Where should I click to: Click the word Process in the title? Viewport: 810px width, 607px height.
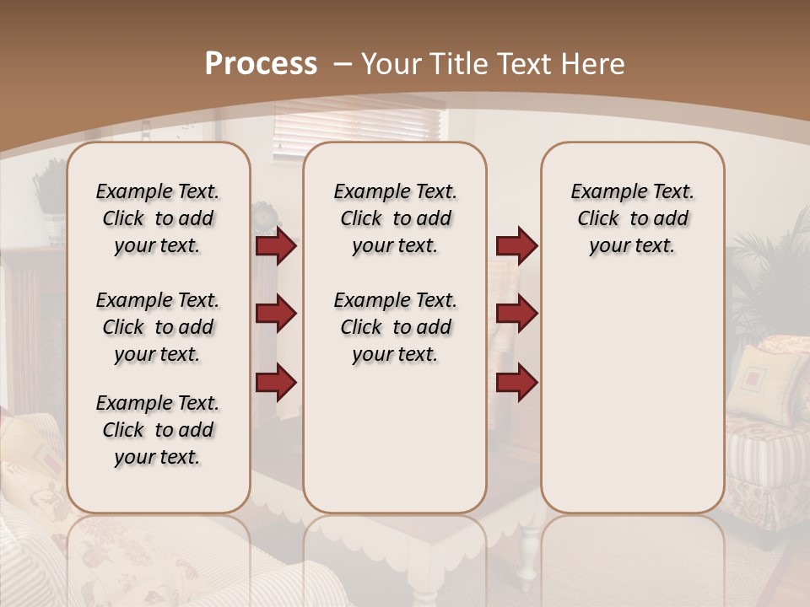(x=261, y=64)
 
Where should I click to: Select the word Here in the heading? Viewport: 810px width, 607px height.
(x=594, y=64)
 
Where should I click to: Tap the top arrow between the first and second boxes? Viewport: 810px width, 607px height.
(x=276, y=246)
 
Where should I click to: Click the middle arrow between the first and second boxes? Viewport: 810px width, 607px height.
(x=276, y=314)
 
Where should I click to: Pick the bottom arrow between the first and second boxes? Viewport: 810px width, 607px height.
(x=276, y=382)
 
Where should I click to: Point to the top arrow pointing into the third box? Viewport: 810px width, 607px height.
(x=516, y=246)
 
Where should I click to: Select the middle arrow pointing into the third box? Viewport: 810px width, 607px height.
(x=516, y=314)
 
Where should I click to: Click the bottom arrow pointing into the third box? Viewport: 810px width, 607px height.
(x=516, y=382)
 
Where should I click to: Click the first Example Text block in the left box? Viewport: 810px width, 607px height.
(x=158, y=218)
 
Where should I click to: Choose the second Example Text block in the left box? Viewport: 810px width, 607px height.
(x=158, y=327)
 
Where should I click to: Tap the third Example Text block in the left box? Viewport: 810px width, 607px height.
(x=158, y=430)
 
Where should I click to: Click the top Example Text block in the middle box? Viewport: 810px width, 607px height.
(x=395, y=218)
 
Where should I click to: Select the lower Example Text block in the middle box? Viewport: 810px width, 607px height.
(x=395, y=327)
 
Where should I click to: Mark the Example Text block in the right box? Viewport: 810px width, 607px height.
(x=632, y=218)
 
